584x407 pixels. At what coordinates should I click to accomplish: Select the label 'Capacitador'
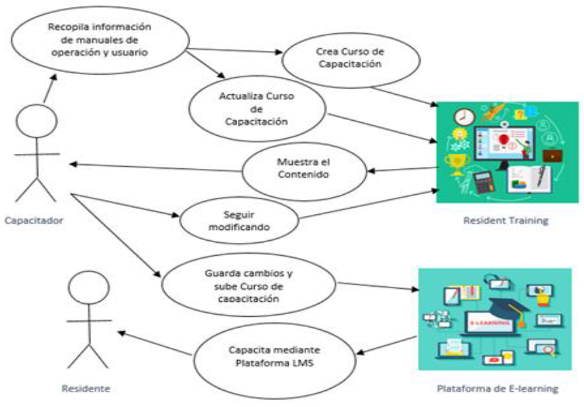pos(33,220)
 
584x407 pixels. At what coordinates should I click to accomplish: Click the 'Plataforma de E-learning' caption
pos(498,389)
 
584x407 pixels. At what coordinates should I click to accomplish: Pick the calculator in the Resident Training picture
pos(482,182)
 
